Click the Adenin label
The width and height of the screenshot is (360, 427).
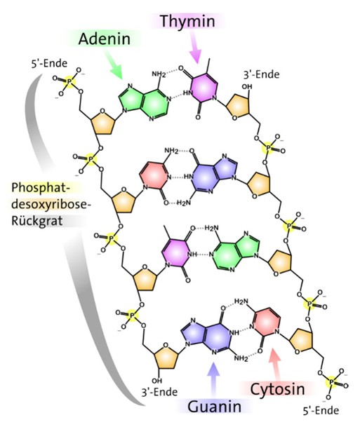click(x=104, y=39)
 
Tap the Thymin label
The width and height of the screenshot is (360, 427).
click(x=187, y=21)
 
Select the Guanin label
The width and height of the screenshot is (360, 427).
click(x=215, y=407)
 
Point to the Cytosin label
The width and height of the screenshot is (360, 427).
click(x=277, y=390)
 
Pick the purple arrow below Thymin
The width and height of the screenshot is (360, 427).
click(x=195, y=47)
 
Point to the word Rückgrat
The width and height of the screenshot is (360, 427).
click(x=37, y=220)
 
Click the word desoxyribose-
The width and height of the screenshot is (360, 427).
click(x=51, y=204)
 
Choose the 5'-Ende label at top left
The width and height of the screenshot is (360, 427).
click(x=49, y=64)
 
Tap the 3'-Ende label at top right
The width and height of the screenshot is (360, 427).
click(x=261, y=74)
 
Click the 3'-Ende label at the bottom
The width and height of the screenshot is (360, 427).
click(x=159, y=392)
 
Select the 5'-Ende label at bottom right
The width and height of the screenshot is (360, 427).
click(x=321, y=410)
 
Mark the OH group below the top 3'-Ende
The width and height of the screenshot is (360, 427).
click(x=246, y=87)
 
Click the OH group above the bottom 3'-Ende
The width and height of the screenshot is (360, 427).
click(x=157, y=380)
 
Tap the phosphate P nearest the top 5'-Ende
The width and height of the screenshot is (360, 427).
click(x=69, y=81)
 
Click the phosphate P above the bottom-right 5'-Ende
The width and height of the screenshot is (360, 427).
click(x=331, y=382)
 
